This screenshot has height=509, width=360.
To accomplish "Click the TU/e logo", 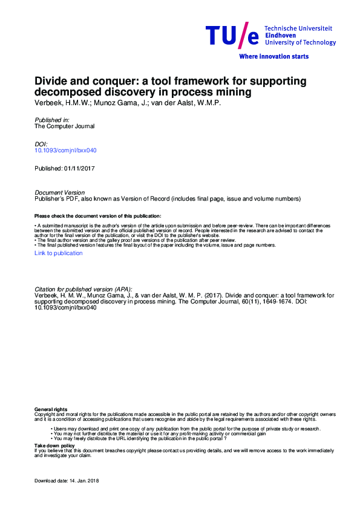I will coord(232,36).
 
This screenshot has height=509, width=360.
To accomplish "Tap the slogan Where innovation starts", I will coord(274,56).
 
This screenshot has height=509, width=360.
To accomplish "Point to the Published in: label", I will coord(52,120).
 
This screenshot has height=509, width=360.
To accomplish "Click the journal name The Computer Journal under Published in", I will coord(65,126).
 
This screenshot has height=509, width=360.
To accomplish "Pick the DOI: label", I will coord(42,144).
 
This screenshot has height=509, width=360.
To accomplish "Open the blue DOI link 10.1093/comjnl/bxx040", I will coord(66,150).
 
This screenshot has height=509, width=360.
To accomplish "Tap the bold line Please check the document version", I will coord(97,216).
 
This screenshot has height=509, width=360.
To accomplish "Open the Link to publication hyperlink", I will coord(59,253).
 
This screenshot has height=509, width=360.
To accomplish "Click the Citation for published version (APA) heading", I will coord(83,290).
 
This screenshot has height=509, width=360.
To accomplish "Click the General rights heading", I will coord(51,410).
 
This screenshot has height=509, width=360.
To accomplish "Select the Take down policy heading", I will coord(55,445).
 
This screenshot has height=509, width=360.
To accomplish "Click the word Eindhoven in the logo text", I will coord(280,35).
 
